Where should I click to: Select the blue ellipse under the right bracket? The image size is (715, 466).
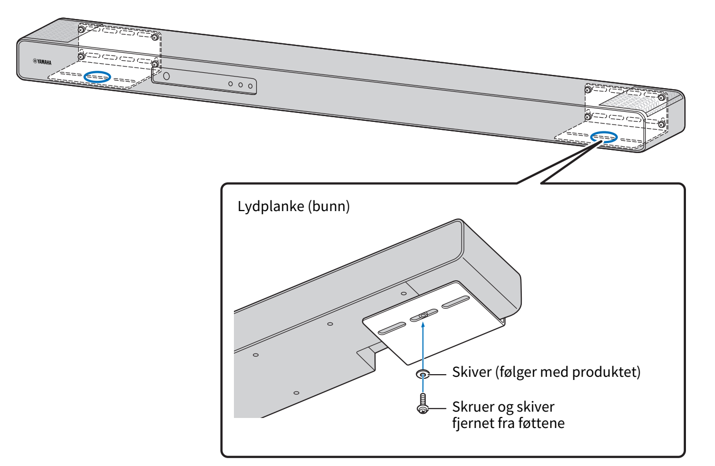603,137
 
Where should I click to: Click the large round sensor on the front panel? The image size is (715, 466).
166,76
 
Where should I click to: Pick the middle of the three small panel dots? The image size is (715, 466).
240,84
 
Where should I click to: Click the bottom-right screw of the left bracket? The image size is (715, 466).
155,65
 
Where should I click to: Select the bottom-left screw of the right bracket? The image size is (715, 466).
587,116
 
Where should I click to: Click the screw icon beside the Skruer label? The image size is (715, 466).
422,404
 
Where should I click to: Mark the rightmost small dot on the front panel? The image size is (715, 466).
250,85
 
